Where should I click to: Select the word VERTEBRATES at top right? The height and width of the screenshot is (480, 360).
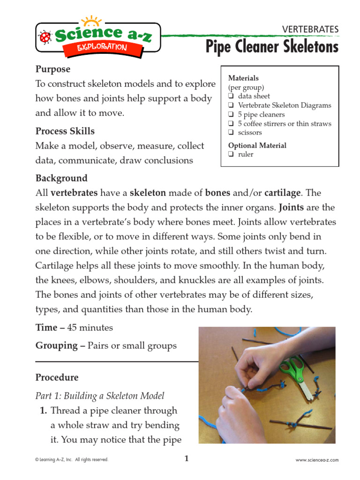310,29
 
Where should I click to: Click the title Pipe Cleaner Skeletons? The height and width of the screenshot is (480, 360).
272,47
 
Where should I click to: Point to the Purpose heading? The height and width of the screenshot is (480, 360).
53,69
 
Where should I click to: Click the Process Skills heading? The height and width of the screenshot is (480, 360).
65,131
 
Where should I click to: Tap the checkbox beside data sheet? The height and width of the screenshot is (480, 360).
231,97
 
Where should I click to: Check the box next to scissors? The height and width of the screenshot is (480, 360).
231,133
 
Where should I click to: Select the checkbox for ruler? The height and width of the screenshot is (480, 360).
231,154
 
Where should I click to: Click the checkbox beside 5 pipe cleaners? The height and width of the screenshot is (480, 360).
231,115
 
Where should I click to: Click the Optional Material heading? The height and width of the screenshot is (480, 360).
257,145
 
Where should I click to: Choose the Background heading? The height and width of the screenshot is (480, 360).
61,179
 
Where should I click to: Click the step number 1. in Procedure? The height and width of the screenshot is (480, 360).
43,411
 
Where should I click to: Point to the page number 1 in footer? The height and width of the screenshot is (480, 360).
186,459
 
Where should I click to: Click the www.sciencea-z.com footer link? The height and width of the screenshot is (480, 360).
317,460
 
